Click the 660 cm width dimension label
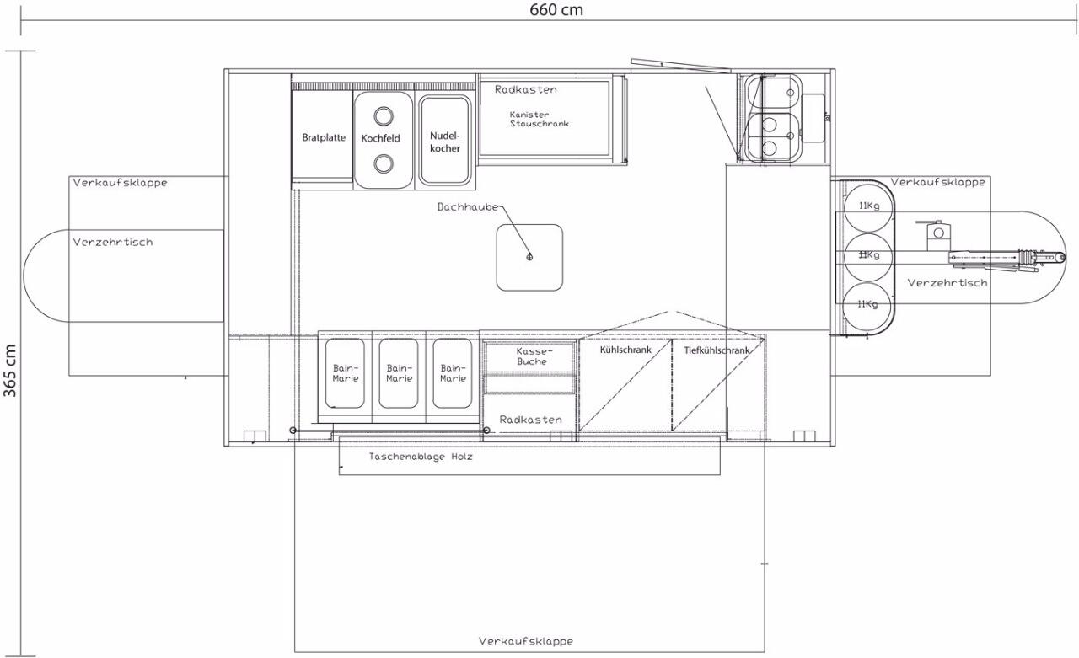[x=556, y=9]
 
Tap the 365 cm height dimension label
[x=10, y=371]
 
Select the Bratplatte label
[x=324, y=137]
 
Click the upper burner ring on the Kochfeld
[x=384, y=115]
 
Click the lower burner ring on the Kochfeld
[x=384, y=163]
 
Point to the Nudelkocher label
[x=444, y=142]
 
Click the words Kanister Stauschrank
[x=539, y=119]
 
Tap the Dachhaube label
[x=468, y=207]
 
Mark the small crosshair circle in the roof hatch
[x=529, y=258]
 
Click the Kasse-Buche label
[x=531, y=356]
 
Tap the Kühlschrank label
[x=625, y=350]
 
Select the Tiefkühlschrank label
[x=717, y=350]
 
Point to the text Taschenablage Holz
[x=421, y=457]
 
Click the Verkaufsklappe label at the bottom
[x=526, y=642]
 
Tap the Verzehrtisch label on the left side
[x=113, y=242]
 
